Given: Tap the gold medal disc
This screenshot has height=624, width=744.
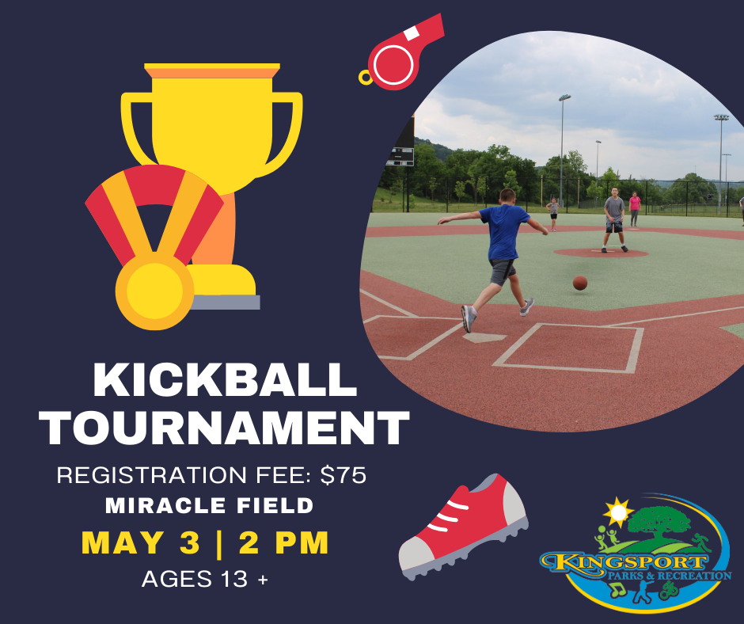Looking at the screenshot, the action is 154,291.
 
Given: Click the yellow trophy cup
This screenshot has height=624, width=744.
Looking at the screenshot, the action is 211,181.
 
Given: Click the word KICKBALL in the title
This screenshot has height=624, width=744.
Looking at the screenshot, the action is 225,380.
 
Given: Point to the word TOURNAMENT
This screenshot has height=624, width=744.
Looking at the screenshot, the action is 224,428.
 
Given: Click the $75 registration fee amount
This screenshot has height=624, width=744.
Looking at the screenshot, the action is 344,475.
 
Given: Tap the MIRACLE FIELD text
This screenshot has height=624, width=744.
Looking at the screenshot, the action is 209,505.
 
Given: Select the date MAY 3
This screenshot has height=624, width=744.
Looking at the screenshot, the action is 141,542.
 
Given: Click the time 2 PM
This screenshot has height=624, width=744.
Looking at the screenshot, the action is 283,542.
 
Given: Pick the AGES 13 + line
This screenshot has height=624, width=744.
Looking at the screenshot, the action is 205,579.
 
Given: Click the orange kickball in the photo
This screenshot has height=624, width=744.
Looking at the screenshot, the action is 580,283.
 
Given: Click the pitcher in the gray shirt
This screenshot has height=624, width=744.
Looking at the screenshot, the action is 614,219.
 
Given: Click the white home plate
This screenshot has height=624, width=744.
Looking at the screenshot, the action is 484,337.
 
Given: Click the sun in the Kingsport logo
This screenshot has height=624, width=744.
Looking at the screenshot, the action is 618,513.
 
